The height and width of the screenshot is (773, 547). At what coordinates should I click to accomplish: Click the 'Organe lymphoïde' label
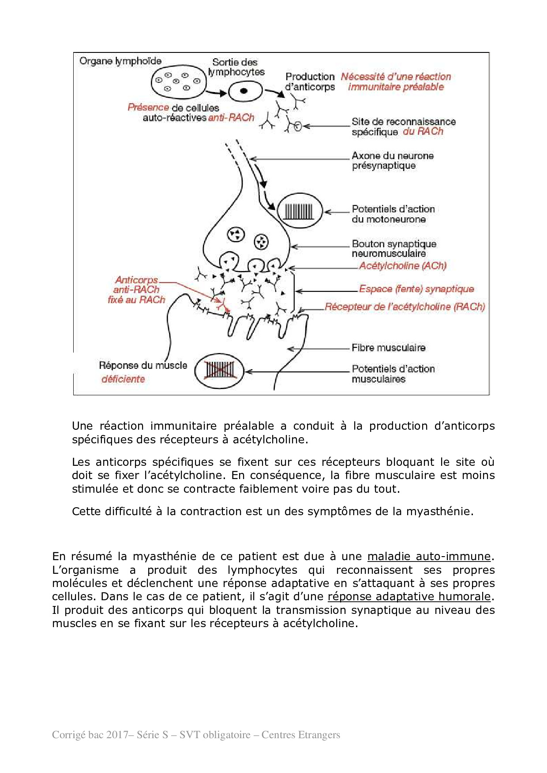(120, 61)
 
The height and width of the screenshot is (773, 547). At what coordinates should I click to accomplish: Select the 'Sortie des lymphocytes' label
(236, 67)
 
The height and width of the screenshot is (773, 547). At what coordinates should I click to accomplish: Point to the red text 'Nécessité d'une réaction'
(396, 77)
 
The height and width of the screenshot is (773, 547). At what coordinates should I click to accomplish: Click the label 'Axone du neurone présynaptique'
(392, 160)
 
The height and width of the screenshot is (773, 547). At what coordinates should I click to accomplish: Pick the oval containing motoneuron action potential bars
(300, 211)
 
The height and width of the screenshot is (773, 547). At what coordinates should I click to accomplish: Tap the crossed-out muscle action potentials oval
(220, 371)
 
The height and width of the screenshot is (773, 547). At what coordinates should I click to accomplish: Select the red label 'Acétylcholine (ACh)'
(402, 266)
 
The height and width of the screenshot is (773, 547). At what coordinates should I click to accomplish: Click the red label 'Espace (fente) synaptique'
(416, 289)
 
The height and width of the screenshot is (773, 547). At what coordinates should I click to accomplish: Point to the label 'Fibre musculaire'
(388, 348)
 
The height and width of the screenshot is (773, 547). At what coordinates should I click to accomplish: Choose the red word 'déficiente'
(123, 379)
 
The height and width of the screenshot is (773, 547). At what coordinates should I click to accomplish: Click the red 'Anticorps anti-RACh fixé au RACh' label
(136, 290)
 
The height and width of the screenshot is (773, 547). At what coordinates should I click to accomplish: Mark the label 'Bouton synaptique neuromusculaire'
(393, 249)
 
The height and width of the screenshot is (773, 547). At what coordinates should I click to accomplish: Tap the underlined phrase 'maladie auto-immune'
(429, 557)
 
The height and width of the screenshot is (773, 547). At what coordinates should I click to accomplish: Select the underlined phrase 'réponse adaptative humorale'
(409, 597)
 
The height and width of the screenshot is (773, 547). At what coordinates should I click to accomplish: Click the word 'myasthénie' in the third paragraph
(439, 512)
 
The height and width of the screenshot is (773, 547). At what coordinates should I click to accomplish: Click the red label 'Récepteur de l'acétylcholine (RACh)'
(405, 307)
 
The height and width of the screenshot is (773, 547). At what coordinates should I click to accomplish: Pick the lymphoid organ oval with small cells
(178, 82)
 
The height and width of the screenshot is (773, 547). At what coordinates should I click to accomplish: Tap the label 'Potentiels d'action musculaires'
(393, 374)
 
